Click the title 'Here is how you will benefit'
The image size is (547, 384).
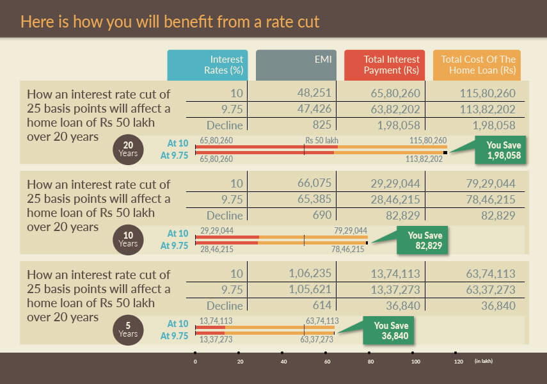(x=170, y=22)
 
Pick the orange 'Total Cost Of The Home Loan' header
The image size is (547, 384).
(x=477, y=65)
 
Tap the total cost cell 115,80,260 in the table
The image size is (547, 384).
(x=488, y=93)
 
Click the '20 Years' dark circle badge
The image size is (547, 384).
(x=128, y=149)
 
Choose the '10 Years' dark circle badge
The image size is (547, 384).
(x=128, y=239)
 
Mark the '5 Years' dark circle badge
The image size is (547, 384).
(x=128, y=330)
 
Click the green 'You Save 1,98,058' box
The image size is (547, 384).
(x=500, y=150)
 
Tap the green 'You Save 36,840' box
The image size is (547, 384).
(x=387, y=330)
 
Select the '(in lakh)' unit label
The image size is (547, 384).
(x=484, y=361)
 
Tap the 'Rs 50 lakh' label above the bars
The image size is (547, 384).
(x=321, y=140)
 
